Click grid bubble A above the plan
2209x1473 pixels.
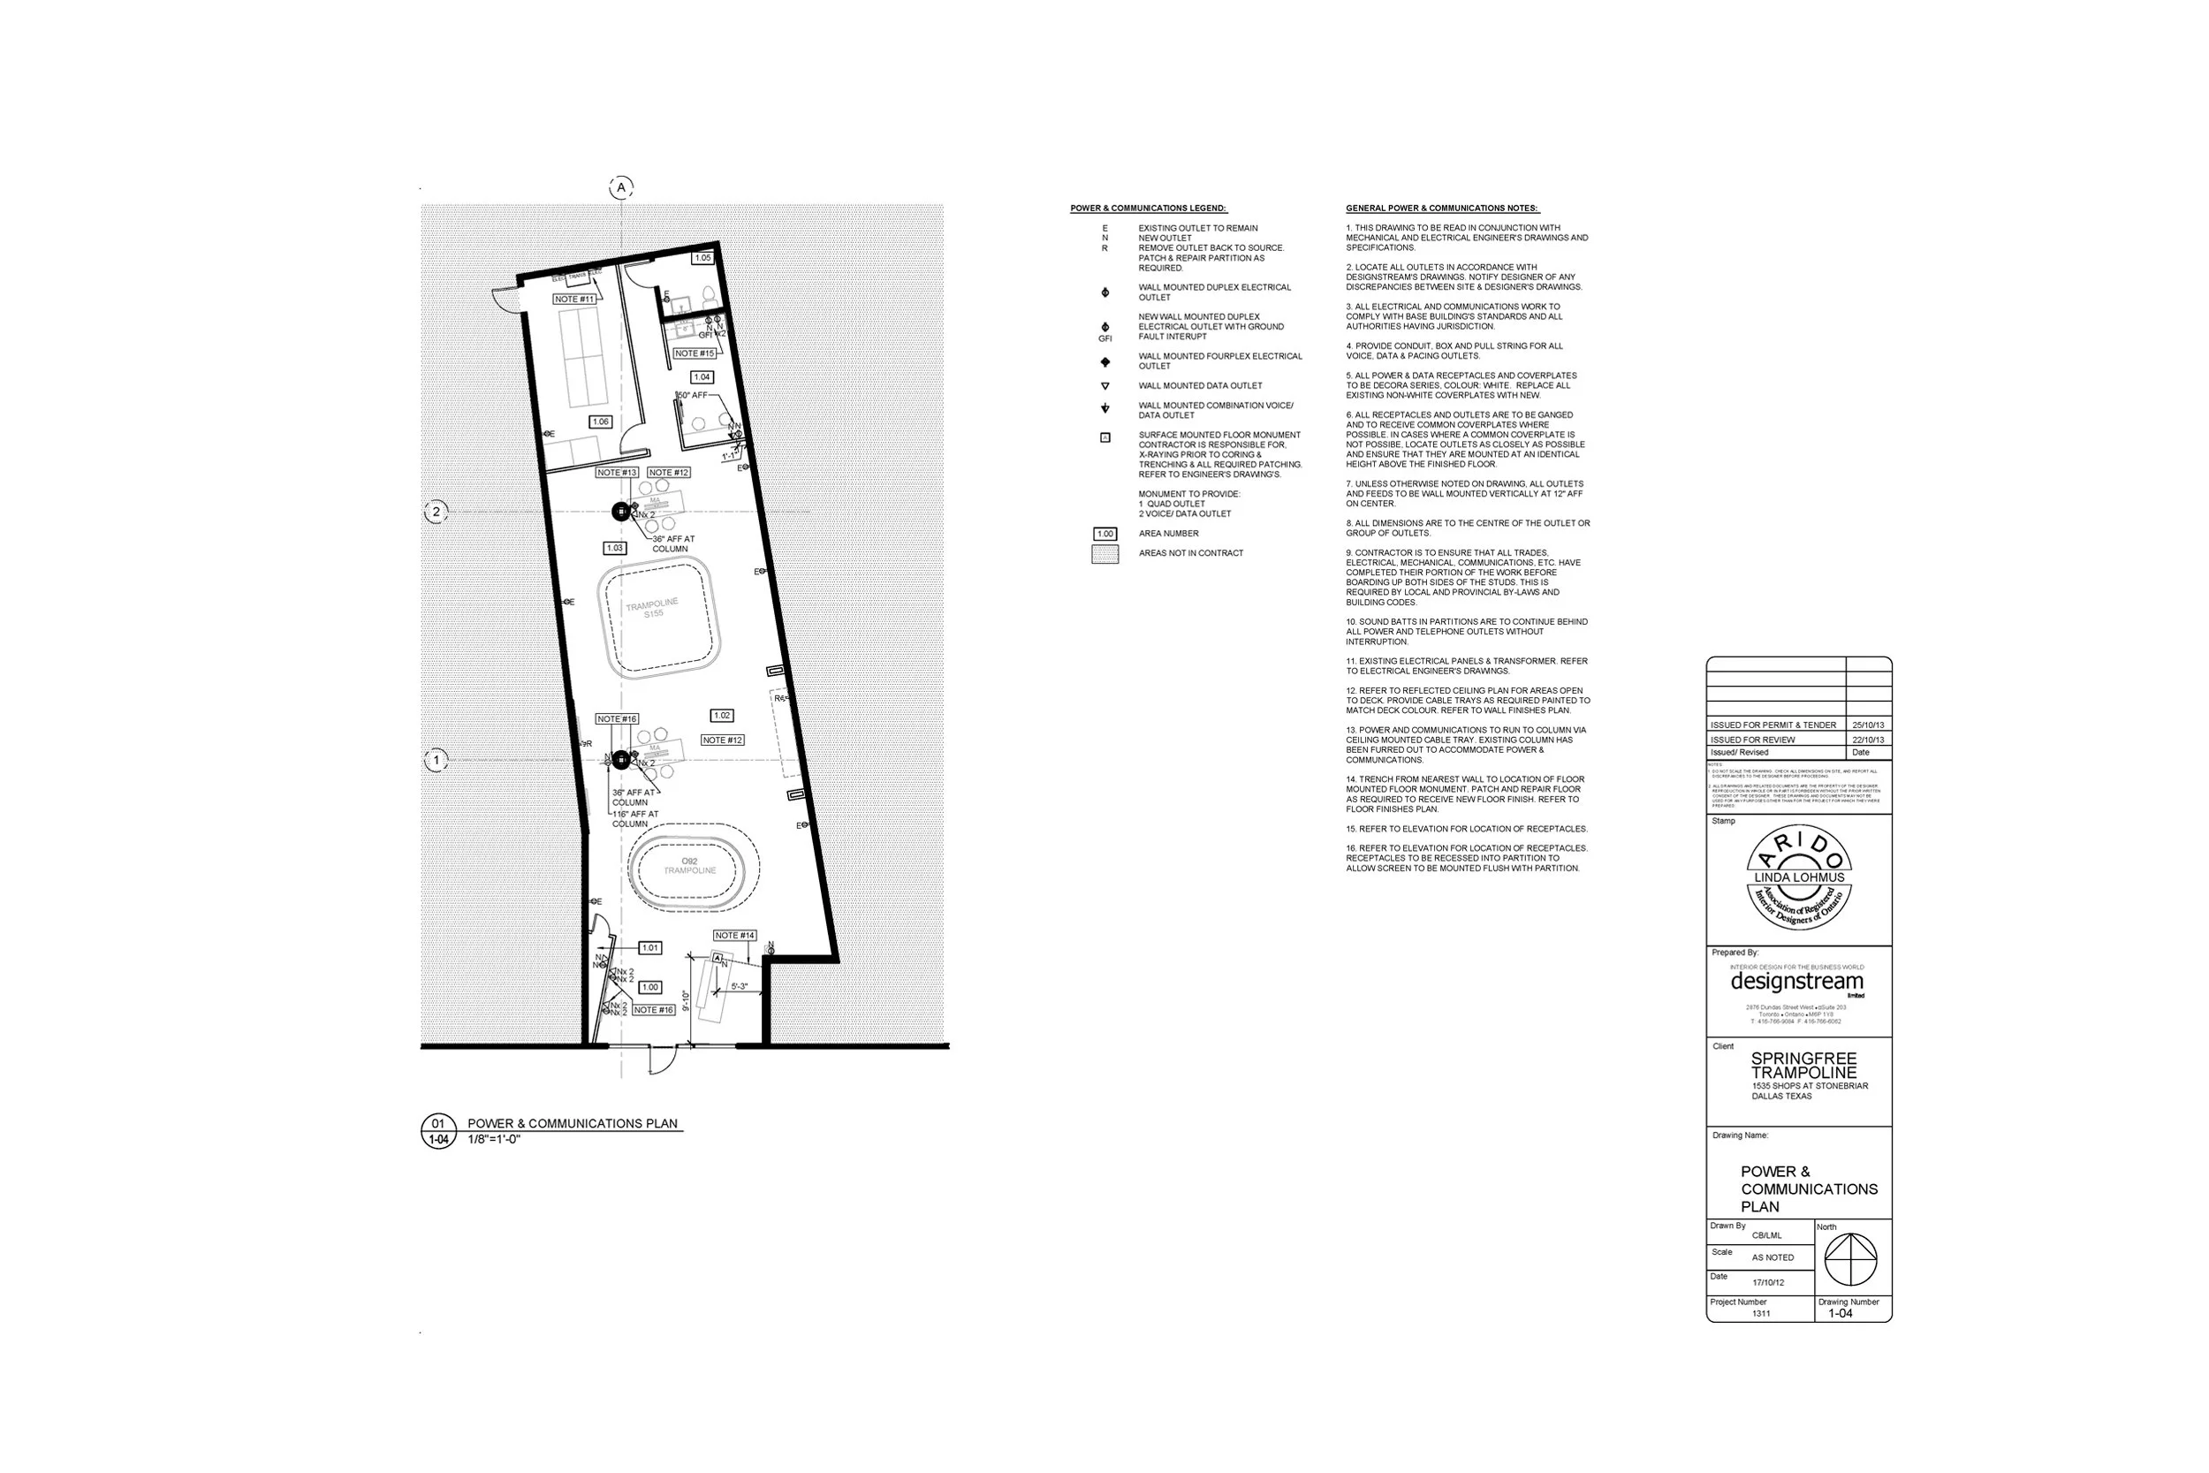click(x=621, y=188)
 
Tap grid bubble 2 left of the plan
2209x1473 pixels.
click(x=436, y=512)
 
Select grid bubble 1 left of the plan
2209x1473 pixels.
click(x=436, y=760)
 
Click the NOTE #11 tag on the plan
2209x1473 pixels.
click(x=573, y=300)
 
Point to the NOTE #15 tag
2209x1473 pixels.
click(x=695, y=353)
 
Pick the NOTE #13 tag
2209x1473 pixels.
click(x=617, y=473)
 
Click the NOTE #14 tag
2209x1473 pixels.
click(x=733, y=936)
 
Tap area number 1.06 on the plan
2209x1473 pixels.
click(x=600, y=421)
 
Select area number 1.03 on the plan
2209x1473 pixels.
click(x=614, y=548)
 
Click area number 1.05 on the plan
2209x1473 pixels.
click(x=702, y=257)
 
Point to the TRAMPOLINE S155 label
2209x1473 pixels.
click(x=653, y=608)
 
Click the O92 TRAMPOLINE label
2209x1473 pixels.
click(x=689, y=866)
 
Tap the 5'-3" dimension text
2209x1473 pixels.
click(x=740, y=986)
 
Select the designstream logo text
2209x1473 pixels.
click(x=1796, y=982)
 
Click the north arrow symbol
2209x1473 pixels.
click(x=1849, y=1259)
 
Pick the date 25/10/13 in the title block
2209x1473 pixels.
click(x=1868, y=725)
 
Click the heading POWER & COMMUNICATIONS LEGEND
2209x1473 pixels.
click(x=1149, y=209)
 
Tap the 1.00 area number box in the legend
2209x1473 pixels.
click(x=1105, y=534)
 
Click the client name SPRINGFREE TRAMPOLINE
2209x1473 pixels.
click(x=1803, y=1066)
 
